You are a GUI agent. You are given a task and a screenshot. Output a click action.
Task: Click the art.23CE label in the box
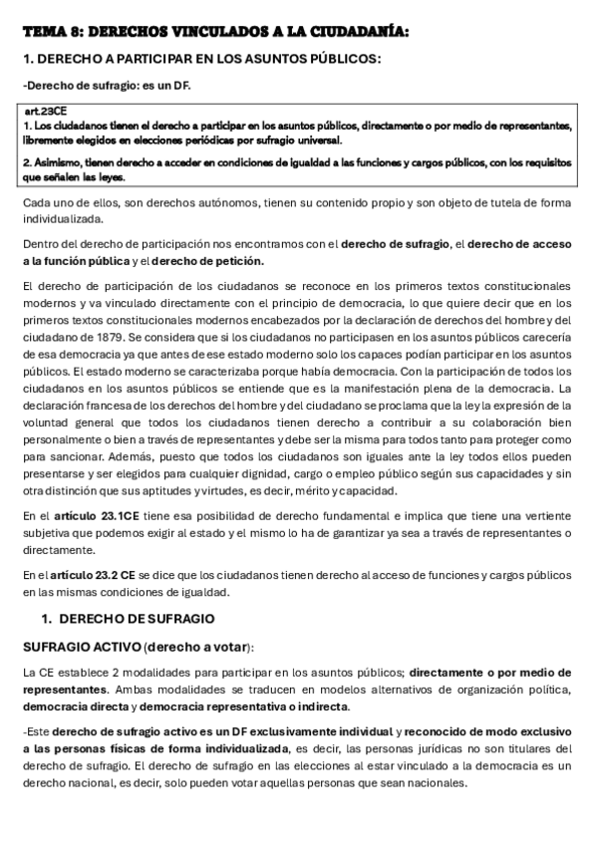(43, 113)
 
